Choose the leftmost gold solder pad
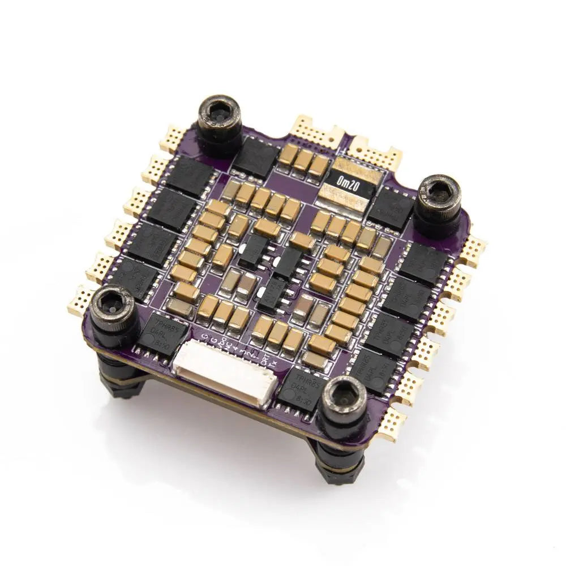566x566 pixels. click(79, 305)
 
